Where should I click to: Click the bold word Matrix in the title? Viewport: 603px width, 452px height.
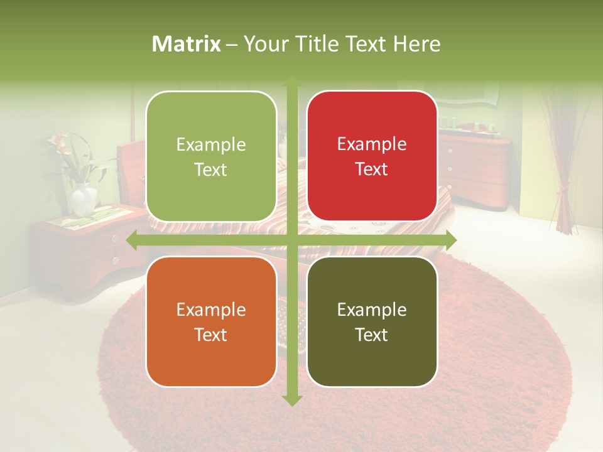click(x=187, y=44)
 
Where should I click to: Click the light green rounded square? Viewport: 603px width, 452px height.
click(x=211, y=156)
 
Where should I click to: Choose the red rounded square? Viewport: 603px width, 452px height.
click(x=372, y=156)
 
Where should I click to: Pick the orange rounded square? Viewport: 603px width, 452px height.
click(x=211, y=321)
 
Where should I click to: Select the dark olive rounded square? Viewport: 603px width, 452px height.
click(x=372, y=321)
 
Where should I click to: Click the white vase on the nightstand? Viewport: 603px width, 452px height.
click(x=84, y=200)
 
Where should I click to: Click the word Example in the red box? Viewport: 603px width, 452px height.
click(x=372, y=144)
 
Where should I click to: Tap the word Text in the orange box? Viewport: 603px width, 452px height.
click(x=210, y=335)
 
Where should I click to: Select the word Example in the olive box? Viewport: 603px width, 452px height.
click(x=372, y=309)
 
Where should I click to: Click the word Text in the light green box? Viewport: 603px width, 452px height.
click(x=210, y=169)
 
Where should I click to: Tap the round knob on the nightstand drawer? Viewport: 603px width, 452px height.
click(x=116, y=239)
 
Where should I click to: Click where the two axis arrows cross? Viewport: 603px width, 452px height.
click(x=291, y=240)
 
